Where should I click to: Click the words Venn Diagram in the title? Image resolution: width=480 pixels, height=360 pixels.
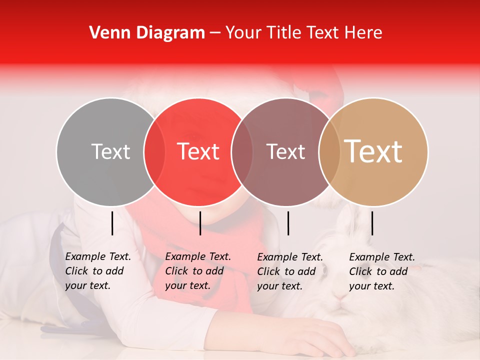(x=147, y=33)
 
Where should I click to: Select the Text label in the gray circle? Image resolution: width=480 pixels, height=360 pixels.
(x=110, y=151)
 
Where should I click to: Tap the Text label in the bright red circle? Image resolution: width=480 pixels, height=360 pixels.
(x=198, y=151)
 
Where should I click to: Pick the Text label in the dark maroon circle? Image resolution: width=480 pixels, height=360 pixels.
(x=285, y=151)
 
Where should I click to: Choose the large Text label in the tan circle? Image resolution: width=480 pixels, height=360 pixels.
(x=373, y=151)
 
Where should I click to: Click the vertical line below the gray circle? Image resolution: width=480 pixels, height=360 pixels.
(x=112, y=223)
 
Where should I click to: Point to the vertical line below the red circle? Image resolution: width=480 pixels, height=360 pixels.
(x=200, y=223)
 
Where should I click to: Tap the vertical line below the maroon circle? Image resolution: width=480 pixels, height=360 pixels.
(x=288, y=223)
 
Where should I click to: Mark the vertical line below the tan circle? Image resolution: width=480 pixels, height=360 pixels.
(x=372, y=223)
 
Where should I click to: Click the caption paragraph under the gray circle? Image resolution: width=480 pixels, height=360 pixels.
(x=97, y=271)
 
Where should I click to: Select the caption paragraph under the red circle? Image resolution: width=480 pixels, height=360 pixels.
(x=197, y=271)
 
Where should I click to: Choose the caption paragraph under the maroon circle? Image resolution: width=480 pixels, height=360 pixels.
(x=289, y=271)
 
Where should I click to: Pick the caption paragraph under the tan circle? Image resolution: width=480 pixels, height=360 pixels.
(x=381, y=271)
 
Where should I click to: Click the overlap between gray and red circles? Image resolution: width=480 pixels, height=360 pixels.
(x=154, y=151)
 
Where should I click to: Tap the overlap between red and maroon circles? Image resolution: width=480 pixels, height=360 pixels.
(x=242, y=151)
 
